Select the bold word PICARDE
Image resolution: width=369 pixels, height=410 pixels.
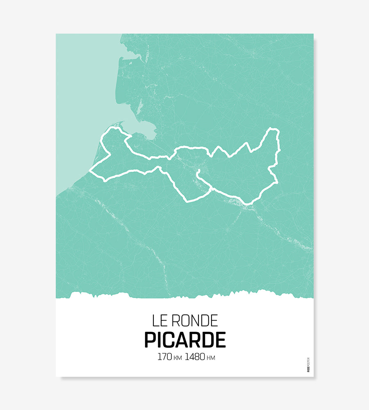(x=185, y=340)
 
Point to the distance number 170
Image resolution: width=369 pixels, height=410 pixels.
(x=164, y=357)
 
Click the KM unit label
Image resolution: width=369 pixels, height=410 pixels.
(x=178, y=358)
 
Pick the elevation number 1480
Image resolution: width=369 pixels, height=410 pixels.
(x=195, y=357)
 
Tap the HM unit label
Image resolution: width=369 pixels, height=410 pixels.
(x=211, y=358)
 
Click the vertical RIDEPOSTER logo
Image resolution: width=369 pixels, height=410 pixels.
(x=308, y=364)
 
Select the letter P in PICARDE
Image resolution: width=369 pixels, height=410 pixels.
(x=150, y=340)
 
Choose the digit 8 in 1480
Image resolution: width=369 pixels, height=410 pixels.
(x=197, y=357)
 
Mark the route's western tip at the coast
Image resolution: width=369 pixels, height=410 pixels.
(x=90, y=171)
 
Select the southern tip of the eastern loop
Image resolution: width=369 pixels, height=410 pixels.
(x=247, y=203)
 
